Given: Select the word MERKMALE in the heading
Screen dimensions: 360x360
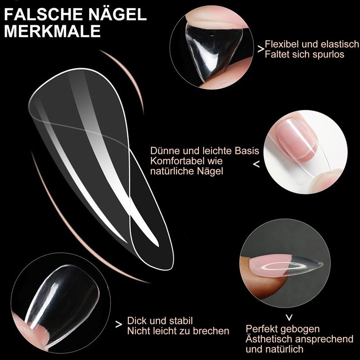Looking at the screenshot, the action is pos(52,32).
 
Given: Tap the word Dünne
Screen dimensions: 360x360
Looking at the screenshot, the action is pos(164,150).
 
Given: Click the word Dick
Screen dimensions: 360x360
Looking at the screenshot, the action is pos(136,321).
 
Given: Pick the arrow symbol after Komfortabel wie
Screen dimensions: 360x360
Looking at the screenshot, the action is pos(256,165).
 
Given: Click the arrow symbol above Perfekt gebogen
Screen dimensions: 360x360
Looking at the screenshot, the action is pos(290,316).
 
